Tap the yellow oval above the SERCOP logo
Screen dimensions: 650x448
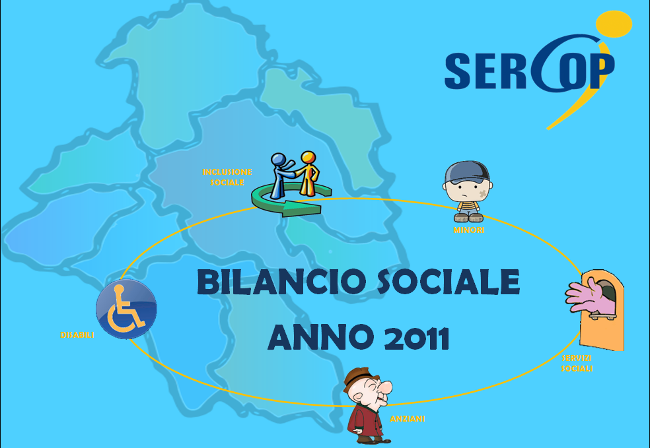coord(614,24)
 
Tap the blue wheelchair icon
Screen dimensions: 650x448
coord(126,309)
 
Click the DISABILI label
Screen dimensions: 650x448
coord(77,335)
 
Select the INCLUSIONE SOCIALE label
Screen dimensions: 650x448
coord(227,177)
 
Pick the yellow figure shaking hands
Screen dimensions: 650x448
coord(308,174)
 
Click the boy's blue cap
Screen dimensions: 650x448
coord(467,172)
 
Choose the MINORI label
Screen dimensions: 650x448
coord(469,230)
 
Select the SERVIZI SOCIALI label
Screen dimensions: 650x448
coord(577,363)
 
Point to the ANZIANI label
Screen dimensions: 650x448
coord(408,419)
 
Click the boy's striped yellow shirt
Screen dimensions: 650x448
coord(468,206)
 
